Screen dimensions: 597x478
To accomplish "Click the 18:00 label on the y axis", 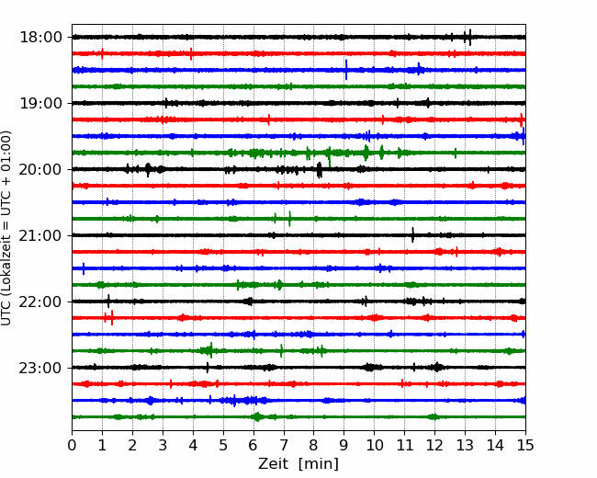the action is point(40,38).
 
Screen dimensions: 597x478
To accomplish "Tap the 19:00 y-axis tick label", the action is point(40,103).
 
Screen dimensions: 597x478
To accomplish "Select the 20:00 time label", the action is point(40,169).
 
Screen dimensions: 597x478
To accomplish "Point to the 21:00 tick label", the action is point(40,235).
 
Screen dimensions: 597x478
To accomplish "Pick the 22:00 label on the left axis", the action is point(40,302).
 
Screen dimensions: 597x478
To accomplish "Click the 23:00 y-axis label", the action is point(40,368).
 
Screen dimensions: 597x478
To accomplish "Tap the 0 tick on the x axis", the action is point(72,445).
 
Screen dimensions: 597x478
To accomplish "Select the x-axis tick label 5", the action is point(223,445).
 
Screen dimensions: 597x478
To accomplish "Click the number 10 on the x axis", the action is point(374,445).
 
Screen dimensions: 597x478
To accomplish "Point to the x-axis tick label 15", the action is point(525,445).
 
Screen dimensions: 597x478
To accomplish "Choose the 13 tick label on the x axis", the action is point(465,445).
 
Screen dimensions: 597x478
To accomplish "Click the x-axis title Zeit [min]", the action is point(298,464).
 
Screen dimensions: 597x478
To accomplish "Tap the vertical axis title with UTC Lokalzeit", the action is point(6,228).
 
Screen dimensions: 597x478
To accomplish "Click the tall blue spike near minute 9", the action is point(346,70).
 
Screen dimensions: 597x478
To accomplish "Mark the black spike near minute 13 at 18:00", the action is point(470,37).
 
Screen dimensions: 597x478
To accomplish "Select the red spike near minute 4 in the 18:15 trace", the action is point(191,53).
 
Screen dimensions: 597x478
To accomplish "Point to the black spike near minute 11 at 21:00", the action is point(412,234).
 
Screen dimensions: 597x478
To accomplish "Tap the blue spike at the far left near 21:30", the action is point(84,268).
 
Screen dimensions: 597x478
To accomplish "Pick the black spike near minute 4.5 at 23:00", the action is point(208,368).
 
